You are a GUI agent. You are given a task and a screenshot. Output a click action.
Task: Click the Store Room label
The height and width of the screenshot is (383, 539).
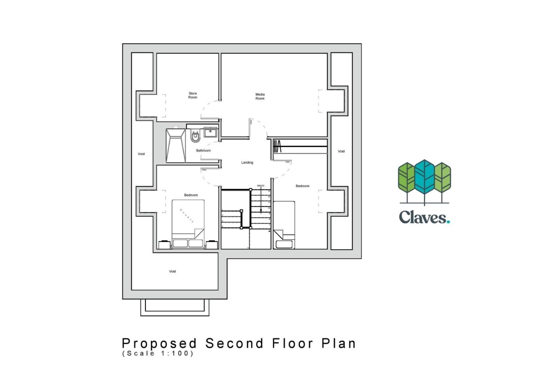click(193, 95)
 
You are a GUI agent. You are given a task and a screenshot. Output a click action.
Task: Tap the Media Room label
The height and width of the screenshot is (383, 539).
click(260, 96)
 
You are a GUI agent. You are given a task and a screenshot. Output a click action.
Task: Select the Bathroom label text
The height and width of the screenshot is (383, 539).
click(203, 151)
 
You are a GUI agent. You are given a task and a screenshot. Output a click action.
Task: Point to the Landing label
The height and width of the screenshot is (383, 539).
click(247, 162)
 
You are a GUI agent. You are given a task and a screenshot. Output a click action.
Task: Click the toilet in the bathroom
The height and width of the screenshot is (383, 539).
click(195, 136)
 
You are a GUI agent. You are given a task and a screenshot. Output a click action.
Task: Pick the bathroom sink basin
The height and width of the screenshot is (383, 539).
click(210, 133)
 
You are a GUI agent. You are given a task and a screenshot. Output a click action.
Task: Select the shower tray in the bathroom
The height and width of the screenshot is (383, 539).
click(175, 146)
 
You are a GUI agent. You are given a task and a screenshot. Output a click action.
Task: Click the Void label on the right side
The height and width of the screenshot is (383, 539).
click(341, 151)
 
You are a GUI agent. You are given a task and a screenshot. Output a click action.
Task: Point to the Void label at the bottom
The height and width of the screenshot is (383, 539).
click(172, 271)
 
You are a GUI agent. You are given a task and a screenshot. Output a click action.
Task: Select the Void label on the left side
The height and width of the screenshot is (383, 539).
click(141, 154)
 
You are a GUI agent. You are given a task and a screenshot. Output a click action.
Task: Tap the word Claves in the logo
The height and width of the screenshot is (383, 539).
click(424, 217)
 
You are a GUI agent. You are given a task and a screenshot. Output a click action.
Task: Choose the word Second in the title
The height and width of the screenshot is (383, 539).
click(234, 343)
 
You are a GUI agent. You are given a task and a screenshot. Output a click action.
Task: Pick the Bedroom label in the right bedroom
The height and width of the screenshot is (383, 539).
click(302, 186)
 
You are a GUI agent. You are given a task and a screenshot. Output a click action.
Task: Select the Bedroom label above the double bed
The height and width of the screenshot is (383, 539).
click(191, 195)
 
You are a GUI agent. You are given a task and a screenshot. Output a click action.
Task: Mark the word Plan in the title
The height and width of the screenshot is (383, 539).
click(339, 343)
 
